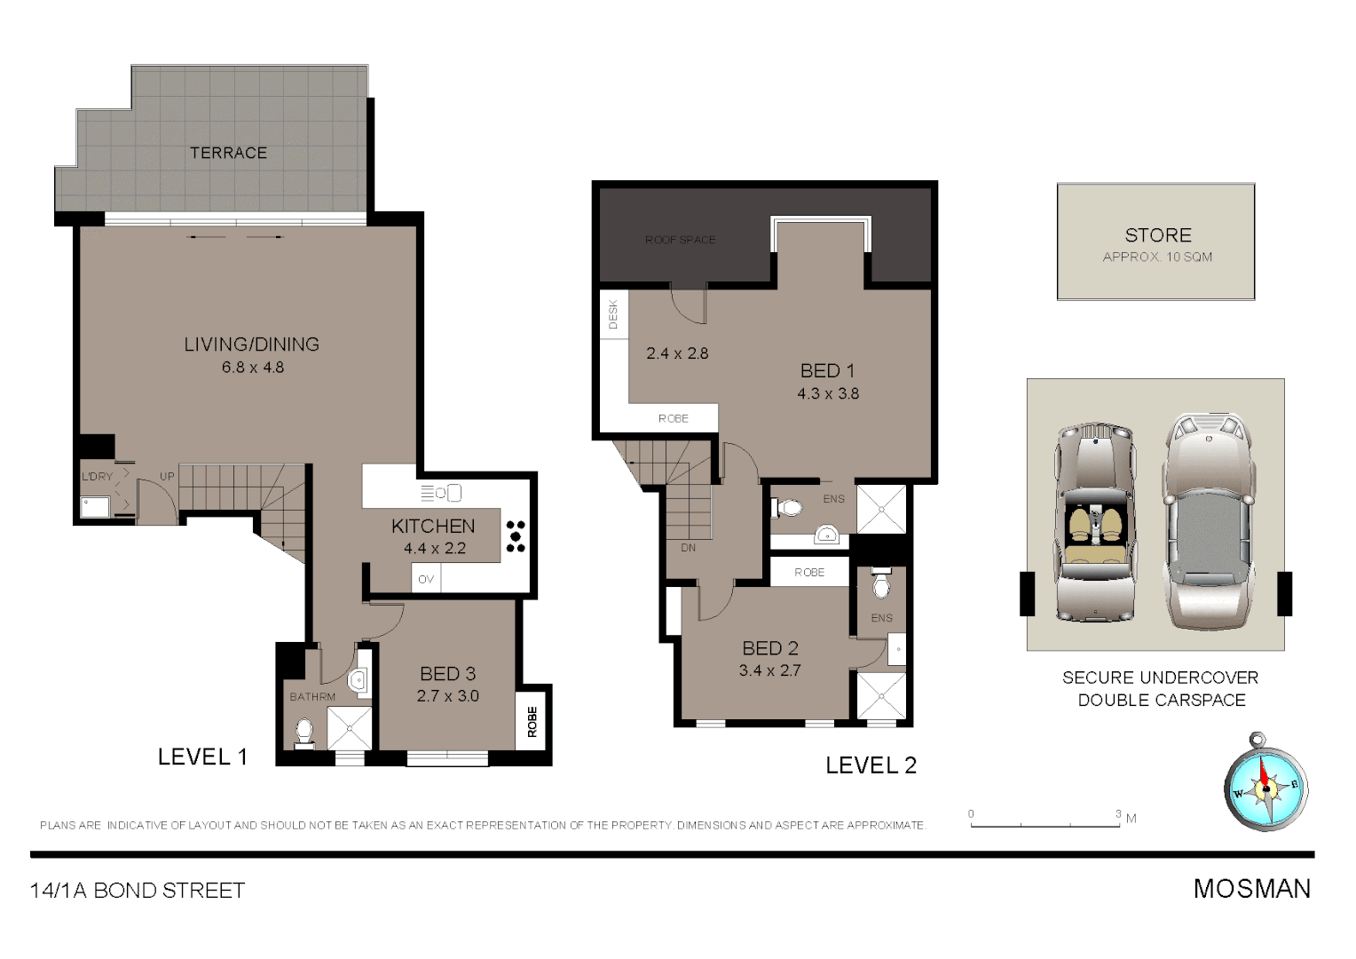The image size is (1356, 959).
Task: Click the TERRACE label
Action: tap(228, 153)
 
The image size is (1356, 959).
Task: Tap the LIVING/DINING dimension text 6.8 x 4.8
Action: tap(253, 368)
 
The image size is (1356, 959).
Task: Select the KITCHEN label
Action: tap(433, 526)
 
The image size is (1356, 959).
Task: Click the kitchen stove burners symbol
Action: tap(516, 536)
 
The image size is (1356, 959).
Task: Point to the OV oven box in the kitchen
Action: tap(426, 579)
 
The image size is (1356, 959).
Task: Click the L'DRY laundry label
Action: tap(98, 477)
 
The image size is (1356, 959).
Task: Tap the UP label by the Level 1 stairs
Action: tap(167, 477)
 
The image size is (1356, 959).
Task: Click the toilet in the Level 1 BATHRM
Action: tap(304, 733)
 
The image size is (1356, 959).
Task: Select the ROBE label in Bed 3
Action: tap(532, 721)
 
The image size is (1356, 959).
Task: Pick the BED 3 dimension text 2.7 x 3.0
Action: tap(448, 696)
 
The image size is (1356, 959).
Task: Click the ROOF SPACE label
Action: tap(680, 240)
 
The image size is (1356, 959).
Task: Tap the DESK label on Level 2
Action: tap(613, 314)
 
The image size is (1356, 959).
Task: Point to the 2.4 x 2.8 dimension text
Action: tap(677, 353)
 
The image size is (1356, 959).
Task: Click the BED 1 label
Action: tap(827, 371)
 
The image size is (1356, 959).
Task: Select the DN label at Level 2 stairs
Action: tap(689, 548)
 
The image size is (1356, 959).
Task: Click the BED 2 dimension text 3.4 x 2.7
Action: tap(770, 671)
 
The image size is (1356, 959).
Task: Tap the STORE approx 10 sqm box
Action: tap(1155, 242)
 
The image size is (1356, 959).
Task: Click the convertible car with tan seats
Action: tap(1095, 523)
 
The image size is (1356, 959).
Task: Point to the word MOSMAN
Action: tap(1251, 889)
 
